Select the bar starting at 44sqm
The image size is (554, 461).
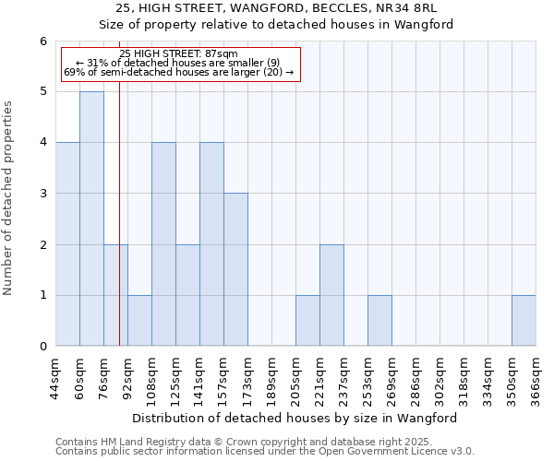[x=67, y=244]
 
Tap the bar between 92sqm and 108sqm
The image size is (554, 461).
[x=139, y=321]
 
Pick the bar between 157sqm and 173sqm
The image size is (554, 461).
[x=235, y=269]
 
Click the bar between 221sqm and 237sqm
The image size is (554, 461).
[x=331, y=295]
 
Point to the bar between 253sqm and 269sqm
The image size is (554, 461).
[x=379, y=321]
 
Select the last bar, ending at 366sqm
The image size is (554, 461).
[x=524, y=321]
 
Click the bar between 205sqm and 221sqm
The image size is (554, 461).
[x=307, y=321]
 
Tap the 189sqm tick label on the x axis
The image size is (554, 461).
[x=271, y=376]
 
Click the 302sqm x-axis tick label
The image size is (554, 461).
[x=440, y=376]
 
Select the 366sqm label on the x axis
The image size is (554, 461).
[x=536, y=376]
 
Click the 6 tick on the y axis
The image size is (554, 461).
[x=42, y=41]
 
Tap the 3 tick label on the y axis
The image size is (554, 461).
[x=42, y=194]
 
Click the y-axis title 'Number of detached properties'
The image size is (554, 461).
[x=8, y=198]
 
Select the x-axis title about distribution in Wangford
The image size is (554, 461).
[x=295, y=418]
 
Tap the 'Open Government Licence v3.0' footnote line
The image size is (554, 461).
[x=265, y=452]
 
